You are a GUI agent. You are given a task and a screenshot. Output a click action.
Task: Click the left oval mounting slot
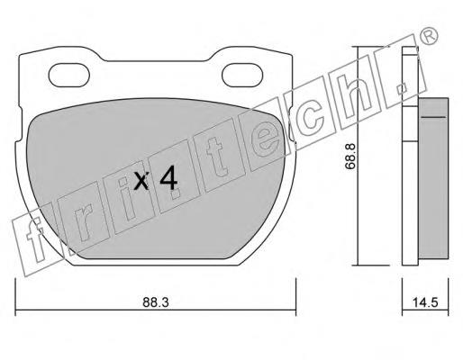[69, 75]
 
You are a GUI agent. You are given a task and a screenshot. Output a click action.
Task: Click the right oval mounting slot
[242, 75]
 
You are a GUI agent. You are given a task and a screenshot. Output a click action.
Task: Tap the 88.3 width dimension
[156, 302]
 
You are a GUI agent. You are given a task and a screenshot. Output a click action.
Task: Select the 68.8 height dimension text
[350, 157]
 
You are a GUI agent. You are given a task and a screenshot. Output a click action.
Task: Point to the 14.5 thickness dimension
[425, 302]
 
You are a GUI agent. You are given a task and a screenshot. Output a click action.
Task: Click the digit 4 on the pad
[168, 180]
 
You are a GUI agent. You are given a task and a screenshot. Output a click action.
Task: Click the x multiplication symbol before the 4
[141, 181]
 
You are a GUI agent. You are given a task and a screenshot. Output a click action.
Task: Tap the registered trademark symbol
[429, 36]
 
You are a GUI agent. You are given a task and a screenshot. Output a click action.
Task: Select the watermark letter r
[83, 223]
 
